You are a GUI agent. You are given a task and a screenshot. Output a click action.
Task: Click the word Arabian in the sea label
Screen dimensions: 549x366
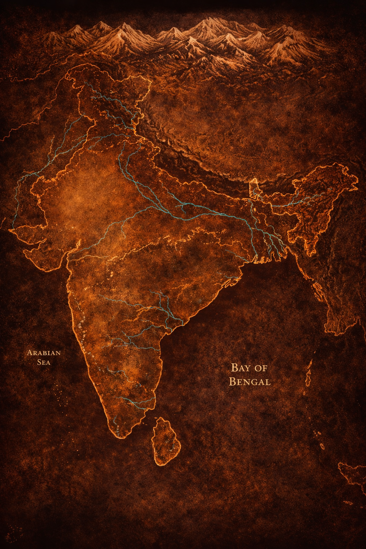(44, 353)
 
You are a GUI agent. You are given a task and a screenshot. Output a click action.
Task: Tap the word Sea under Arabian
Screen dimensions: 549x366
(44, 362)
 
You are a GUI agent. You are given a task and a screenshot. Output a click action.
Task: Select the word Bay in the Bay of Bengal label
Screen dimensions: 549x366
(239, 367)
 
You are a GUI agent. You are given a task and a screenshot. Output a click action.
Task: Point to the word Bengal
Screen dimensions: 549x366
(249, 381)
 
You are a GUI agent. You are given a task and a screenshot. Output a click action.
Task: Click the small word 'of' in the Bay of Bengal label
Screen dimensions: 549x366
(261, 368)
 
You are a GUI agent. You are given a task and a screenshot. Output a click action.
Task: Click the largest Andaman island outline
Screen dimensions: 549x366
(308, 374)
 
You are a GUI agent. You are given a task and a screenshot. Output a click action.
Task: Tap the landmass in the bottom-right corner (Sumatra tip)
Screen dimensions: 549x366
(352, 475)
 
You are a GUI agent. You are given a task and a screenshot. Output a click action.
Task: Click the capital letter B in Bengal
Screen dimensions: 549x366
(233, 381)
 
